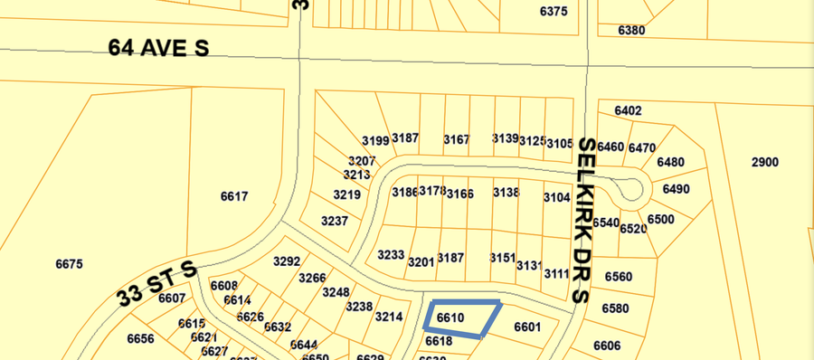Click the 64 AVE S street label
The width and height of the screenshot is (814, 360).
158,47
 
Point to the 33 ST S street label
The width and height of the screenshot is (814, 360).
156,284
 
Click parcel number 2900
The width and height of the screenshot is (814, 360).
764,162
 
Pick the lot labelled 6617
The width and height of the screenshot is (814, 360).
233,196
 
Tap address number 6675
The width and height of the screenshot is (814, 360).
69,264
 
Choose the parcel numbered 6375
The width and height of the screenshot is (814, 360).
553,11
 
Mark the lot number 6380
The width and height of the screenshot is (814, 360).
631,30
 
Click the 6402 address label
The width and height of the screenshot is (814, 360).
628,110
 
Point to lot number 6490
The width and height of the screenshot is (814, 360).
676,189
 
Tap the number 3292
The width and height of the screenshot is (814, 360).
286,261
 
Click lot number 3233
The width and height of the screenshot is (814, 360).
391,254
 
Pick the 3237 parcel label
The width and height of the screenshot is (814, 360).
335,221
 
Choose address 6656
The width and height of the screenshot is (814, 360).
140,339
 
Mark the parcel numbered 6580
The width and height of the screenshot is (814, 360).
615,308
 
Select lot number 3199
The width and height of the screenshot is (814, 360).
374,140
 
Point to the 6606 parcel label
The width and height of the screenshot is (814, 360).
607,346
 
